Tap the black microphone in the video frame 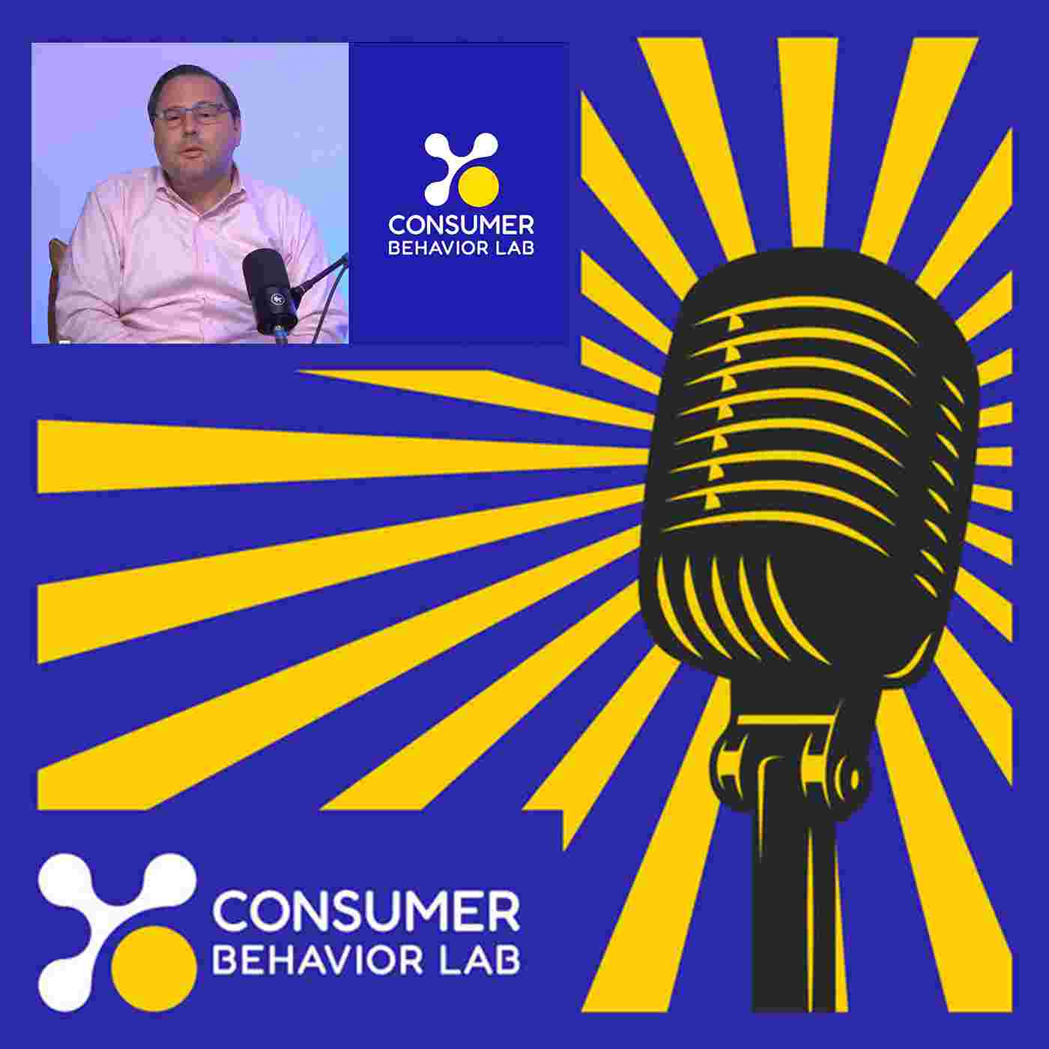tap(270, 291)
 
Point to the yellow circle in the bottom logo tap(154, 968)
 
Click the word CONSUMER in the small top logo tap(461, 226)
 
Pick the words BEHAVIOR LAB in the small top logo tap(461, 249)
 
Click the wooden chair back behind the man tap(55, 283)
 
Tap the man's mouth tap(192, 154)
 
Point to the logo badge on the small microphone tap(276, 298)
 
